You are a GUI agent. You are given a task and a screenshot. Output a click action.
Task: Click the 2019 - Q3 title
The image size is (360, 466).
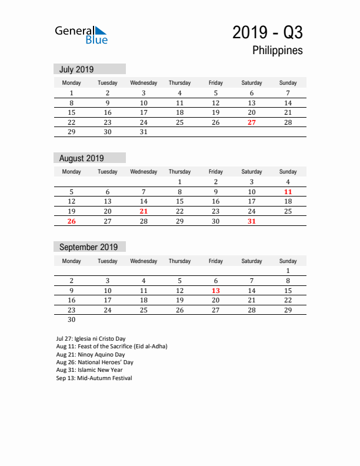(267, 32)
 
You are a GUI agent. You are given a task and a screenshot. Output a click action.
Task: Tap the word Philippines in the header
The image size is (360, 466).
(278, 51)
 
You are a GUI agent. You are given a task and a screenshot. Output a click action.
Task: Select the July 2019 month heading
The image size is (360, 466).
(76, 69)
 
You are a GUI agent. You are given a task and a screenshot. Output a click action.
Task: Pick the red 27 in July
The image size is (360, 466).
(252, 122)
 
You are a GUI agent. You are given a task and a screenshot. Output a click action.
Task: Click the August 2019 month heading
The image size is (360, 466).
(81, 158)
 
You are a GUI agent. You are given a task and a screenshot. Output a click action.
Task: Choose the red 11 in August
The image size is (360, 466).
(288, 192)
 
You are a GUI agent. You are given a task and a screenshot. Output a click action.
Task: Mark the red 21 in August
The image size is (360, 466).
(144, 211)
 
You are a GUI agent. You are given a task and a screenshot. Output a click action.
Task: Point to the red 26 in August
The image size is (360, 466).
(72, 221)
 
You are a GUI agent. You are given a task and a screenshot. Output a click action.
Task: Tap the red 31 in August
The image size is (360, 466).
(252, 221)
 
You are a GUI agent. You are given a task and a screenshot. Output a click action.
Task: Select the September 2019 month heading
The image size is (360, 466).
(88, 247)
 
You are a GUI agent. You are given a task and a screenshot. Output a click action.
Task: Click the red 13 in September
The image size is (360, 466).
(216, 291)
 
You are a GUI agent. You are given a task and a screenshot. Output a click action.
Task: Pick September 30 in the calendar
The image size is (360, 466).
(72, 320)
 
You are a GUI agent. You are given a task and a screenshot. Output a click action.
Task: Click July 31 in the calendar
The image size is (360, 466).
(144, 132)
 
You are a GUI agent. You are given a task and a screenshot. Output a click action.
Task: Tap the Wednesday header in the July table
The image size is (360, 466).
(144, 83)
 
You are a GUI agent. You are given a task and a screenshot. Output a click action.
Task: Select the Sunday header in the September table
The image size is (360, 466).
(288, 261)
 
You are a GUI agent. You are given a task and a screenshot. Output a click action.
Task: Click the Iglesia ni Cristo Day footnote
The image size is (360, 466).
(91, 339)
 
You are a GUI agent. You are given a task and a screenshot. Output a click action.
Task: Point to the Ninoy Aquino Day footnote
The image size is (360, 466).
(90, 355)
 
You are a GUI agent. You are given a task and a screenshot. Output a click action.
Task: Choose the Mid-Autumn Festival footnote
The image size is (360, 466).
(94, 378)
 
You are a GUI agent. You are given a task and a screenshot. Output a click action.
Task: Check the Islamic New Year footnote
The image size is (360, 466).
(89, 371)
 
